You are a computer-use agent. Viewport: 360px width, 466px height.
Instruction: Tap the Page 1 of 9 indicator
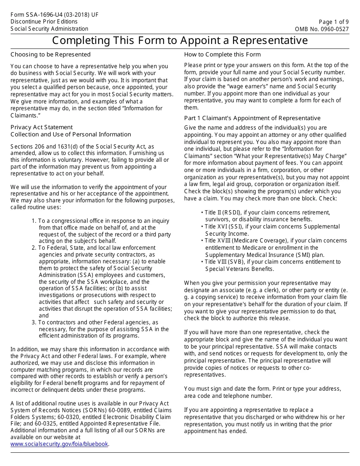click(334, 22)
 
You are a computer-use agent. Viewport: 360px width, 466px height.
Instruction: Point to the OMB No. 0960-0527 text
click(322, 29)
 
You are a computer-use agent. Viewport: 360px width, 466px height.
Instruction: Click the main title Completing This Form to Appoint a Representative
click(180, 40)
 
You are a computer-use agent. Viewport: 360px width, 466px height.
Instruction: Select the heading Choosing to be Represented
click(50, 54)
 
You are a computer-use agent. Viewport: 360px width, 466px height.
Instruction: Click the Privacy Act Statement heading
click(41, 127)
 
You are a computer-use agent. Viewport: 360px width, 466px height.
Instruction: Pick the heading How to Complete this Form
click(222, 54)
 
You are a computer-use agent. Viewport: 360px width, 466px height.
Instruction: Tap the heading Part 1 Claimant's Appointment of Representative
click(252, 118)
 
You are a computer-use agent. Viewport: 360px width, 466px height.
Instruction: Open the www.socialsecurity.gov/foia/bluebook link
click(59, 444)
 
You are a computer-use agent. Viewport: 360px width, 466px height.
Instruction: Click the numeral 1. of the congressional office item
click(34, 221)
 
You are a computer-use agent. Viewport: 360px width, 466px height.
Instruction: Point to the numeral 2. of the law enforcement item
click(34, 248)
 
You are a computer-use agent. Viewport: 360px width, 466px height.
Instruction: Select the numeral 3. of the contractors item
click(34, 322)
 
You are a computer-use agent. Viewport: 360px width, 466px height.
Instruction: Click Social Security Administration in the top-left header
click(49, 29)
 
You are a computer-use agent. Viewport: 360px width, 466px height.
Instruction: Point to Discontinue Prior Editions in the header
click(44, 22)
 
